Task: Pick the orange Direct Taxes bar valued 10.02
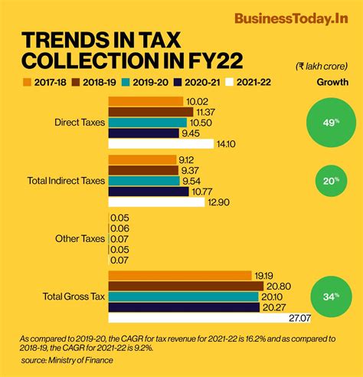(146, 101)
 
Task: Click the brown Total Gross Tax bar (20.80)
(184, 286)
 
